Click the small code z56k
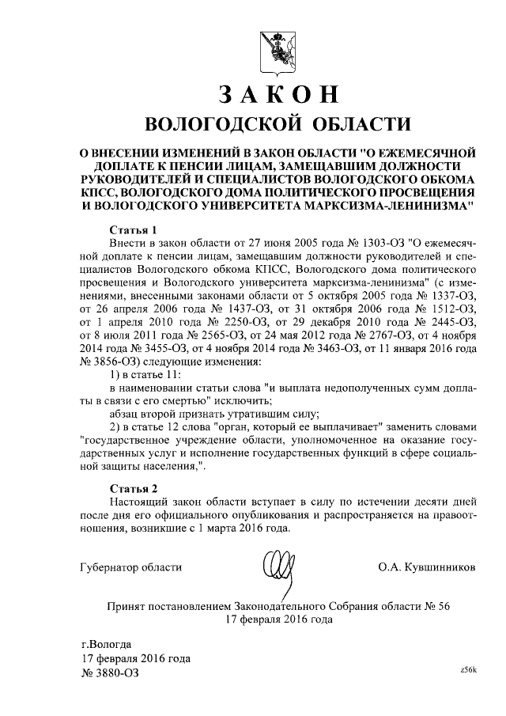(x=468, y=670)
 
